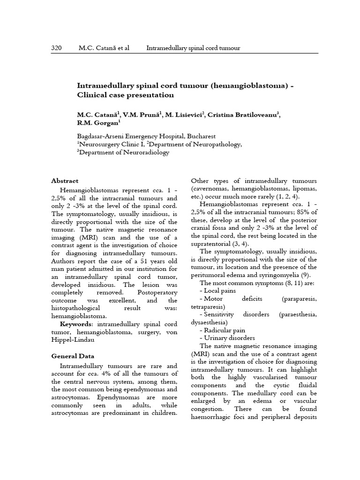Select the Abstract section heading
click(x=65, y=181)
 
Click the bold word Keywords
click(x=75, y=324)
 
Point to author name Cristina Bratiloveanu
click(x=244, y=115)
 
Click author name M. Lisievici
click(x=184, y=115)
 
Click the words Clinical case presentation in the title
click(x=125, y=95)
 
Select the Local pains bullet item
click(x=217, y=291)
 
